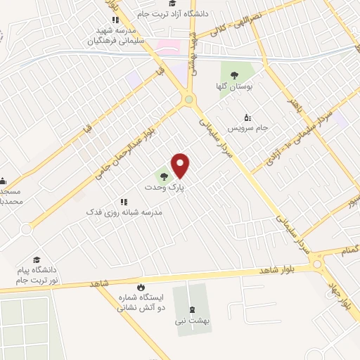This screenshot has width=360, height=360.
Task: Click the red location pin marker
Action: tap(181, 165)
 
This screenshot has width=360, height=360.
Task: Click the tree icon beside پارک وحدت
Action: tap(163, 176)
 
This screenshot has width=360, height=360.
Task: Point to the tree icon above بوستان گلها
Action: tap(233, 72)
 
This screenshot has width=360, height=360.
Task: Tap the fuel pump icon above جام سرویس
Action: tap(246, 117)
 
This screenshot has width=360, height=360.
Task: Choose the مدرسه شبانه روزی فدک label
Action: tap(124, 212)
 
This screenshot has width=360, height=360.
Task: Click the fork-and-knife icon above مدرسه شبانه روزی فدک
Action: tap(124, 201)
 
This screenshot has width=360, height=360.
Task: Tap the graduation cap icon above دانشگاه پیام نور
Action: tap(36, 260)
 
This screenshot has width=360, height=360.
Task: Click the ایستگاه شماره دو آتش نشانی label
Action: tap(141, 303)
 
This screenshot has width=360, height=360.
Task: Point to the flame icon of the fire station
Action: tap(141, 288)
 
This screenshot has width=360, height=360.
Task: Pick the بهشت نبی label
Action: tap(191, 321)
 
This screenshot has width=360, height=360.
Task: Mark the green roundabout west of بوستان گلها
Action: tap(188, 101)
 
